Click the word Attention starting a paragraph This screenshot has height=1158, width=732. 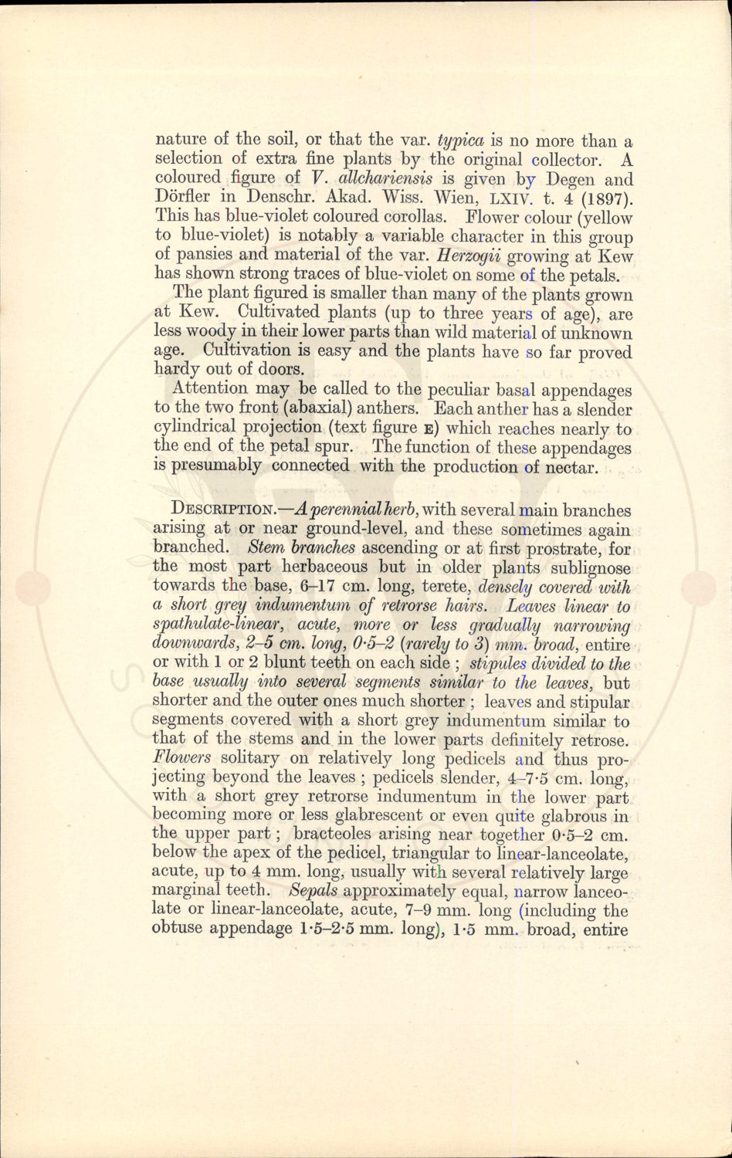point(212,390)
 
